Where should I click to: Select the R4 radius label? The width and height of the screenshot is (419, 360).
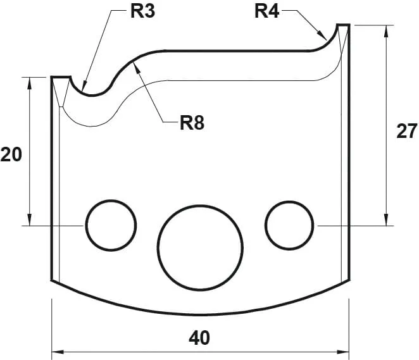[x=266, y=11]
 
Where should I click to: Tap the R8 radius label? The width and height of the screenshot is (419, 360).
[x=192, y=122]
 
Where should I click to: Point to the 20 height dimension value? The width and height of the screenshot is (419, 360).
[x=11, y=154]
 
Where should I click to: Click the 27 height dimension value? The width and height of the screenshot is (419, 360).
[x=406, y=132]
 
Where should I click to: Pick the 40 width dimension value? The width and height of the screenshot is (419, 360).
[x=199, y=338]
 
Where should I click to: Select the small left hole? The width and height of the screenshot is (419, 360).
[x=111, y=225]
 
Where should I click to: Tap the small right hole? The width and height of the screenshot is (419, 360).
[x=290, y=225]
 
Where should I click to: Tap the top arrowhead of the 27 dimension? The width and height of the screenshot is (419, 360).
[x=385, y=29]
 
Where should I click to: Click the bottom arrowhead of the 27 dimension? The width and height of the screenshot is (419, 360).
[x=385, y=221]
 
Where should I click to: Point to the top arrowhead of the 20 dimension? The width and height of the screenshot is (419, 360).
[x=30, y=81]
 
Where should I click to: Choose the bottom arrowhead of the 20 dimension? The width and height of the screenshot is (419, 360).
[x=30, y=221]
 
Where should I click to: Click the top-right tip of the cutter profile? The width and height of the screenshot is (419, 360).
[x=343, y=25]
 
